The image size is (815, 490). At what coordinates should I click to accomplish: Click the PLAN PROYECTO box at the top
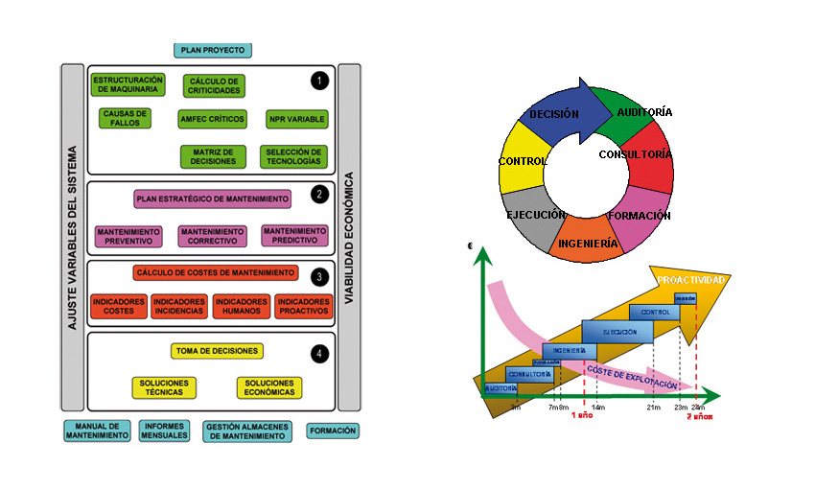coord(213,50)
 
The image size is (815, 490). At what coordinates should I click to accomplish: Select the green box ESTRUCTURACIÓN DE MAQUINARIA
coord(128,84)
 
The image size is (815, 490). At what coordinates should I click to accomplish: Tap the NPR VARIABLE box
coord(296,119)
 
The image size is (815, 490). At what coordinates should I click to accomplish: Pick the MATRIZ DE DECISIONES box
coord(213,155)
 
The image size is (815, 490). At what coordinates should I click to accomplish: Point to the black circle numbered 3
coord(319,275)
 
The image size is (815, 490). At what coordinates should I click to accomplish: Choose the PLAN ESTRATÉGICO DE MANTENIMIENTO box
coord(213,199)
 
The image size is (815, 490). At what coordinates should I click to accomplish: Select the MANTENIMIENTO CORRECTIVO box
coord(212,236)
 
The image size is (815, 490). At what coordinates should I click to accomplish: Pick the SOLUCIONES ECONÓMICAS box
coord(269,387)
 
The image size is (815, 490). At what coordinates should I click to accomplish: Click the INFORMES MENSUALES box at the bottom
coord(164,431)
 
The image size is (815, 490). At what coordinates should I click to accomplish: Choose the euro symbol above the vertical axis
coord(471,246)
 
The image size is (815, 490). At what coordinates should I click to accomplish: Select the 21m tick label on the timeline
coord(653,408)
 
